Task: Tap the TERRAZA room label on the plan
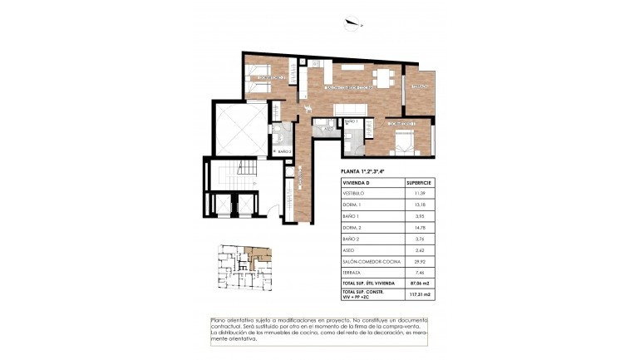[419, 86]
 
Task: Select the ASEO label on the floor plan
[328, 130]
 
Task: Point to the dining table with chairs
[383, 77]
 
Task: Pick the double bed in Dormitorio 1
[402, 141]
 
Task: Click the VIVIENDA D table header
[357, 181]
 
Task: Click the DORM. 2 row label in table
[354, 225]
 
